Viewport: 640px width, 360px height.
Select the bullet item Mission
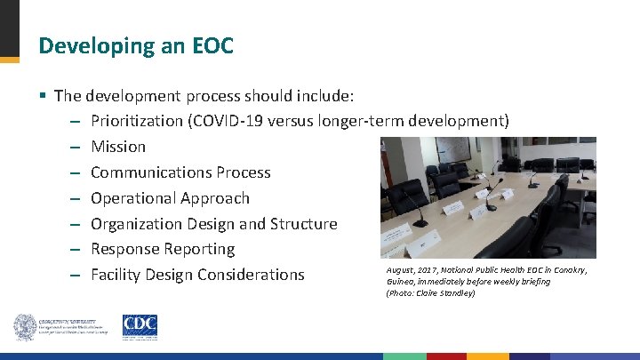pyautogui.click(x=118, y=147)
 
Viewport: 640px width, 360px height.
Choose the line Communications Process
pyautogui.click(x=180, y=172)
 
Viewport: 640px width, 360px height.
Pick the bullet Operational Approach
pyautogui.click(x=170, y=198)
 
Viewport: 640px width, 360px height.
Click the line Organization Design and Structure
pyautogui.click(x=214, y=224)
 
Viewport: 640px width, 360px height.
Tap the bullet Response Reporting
pyautogui.click(x=163, y=250)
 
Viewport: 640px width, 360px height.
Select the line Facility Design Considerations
pyautogui.click(x=197, y=276)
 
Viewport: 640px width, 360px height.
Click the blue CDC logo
pyautogui.click(x=140, y=326)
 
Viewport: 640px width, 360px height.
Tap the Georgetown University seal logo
pyautogui.click(x=24, y=326)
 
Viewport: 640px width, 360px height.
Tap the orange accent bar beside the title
pyautogui.click(x=9, y=60)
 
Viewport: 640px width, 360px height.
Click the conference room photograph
pyautogui.click(x=487, y=197)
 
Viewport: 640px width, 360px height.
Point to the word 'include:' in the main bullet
pyautogui.click(x=330, y=95)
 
